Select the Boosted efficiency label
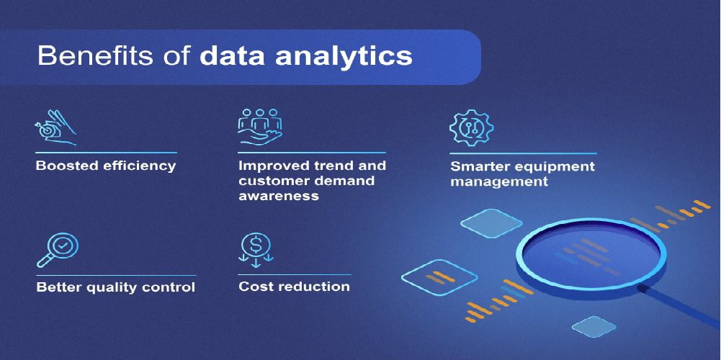[106, 166]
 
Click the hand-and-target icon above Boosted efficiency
[55, 128]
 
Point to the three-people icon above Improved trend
[260, 127]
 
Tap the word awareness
[278, 195]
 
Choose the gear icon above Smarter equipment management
[470, 128]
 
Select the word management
[499, 181]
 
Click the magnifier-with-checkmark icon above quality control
[58, 251]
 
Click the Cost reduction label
[295, 287]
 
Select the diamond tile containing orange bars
[439, 277]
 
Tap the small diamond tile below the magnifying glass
[594, 326]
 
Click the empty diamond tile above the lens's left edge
[491, 223]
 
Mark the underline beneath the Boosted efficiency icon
[106, 152]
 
